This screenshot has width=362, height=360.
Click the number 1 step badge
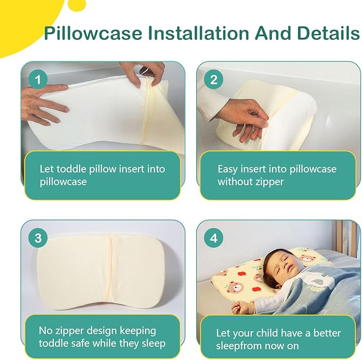37,80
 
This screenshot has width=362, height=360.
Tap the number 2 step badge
214,80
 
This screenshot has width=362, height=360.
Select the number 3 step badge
37,238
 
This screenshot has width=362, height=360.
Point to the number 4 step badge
214,238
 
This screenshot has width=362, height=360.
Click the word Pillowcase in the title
94,34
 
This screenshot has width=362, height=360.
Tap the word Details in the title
327,33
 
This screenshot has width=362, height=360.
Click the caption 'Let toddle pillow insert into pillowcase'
102,175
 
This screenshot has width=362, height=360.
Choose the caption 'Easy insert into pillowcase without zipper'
277,175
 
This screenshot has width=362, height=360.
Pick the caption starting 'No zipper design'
102,337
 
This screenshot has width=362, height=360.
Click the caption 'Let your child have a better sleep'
278,339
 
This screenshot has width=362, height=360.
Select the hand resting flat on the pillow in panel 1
45,109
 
